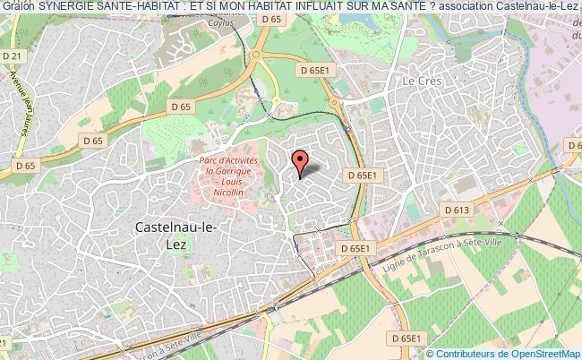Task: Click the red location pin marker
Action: point(301,162)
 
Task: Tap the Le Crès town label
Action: point(422,80)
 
